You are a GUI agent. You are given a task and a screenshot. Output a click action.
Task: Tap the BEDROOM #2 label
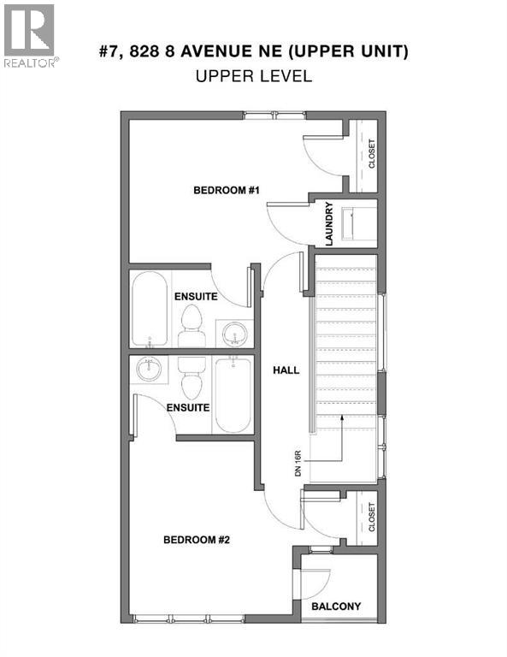click(x=197, y=540)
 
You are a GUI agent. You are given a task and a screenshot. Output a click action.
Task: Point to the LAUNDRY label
click(x=328, y=224)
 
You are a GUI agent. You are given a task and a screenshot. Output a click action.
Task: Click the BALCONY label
click(x=335, y=607)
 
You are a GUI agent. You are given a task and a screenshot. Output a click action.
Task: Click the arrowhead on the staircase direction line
click(x=342, y=418)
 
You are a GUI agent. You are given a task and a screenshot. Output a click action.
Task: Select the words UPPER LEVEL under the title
click(x=253, y=76)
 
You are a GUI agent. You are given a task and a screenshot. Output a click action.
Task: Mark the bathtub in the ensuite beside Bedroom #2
click(x=233, y=395)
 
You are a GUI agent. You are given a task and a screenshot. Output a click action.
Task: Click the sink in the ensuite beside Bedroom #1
click(x=233, y=332)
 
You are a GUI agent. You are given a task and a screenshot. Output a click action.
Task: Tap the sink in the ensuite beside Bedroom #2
click(x=150, y=370)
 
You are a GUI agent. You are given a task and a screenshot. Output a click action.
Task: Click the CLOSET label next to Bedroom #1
click(x=371, y=155)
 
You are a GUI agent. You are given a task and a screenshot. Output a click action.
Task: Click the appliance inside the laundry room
click(x=358, y=223)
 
